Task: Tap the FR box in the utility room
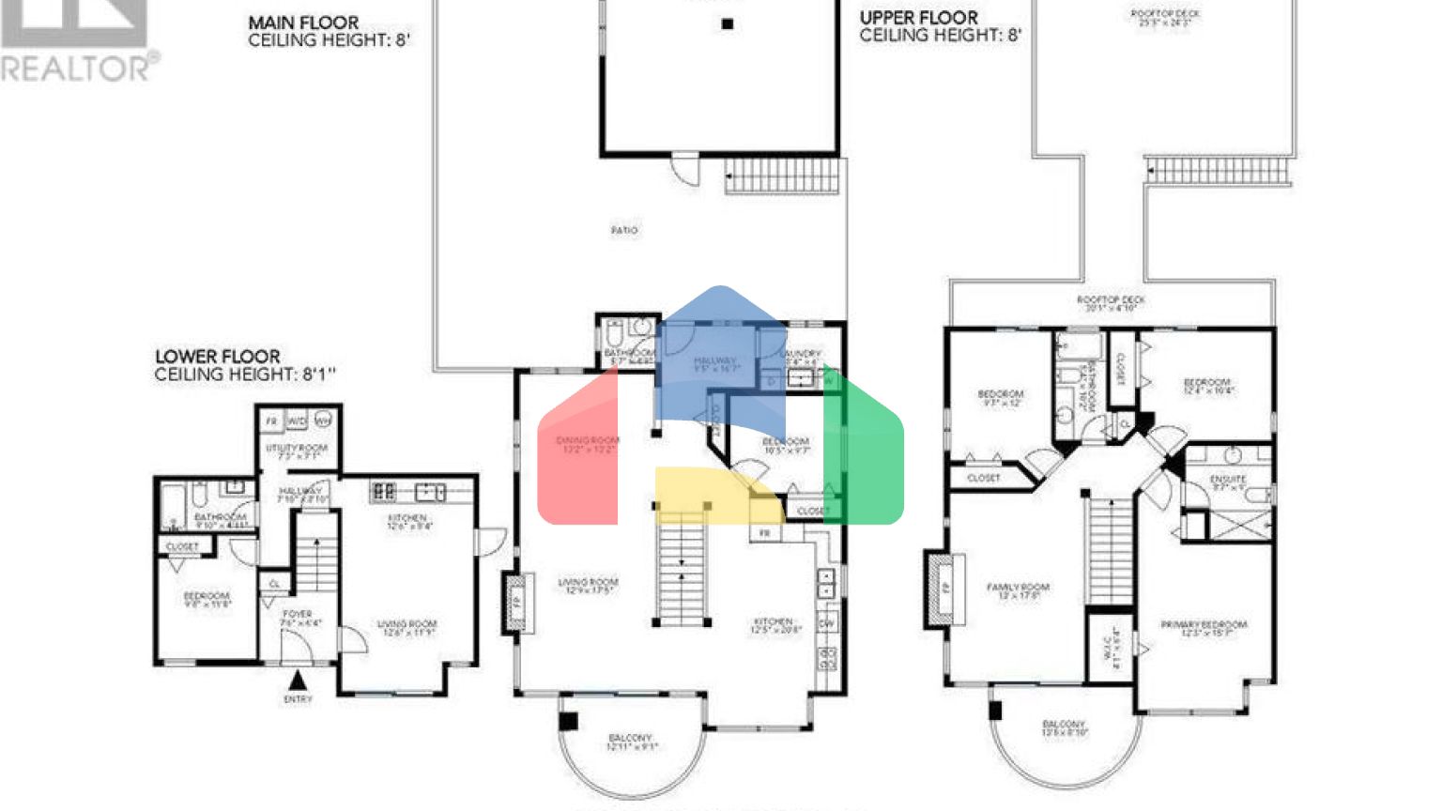click(x=271, y=421)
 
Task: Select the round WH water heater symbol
click(x=322, y=421)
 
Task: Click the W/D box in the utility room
click(x=297, y=421)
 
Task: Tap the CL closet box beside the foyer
click(x=274, y=584)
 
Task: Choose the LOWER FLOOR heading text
click(x=218, y=357)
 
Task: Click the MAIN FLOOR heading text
click(x=303, y=23)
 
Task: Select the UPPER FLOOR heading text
click(x=918, y=18)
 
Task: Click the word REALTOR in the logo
click(x=75, y=68)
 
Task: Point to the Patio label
click(x=624, y=230)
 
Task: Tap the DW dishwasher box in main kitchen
click(x=827, y=623)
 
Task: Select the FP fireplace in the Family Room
click(x=944, y=589)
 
